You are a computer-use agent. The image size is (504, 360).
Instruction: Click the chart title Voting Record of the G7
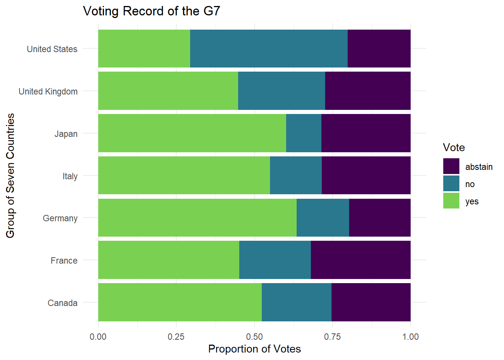[x=151, y=11]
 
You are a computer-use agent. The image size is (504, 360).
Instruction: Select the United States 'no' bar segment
[x=268, y=49]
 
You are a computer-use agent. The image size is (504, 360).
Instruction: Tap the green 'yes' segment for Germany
[x=197, y=218]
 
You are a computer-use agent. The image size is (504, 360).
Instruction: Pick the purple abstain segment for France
[x=360, y=260]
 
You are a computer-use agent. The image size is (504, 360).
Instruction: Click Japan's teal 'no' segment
[x=303, y=133]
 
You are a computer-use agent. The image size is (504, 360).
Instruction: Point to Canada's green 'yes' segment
[x=180, y=302]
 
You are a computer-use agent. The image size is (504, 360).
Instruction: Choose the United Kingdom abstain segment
[x=367, y=91]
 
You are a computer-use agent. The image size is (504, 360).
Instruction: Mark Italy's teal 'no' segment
[x=295, y=175]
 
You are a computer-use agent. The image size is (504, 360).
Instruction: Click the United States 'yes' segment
[x=144, y=49]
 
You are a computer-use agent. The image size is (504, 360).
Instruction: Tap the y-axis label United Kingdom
[x=48, y=91]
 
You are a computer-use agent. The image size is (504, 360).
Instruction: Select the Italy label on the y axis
[x=70, y=176]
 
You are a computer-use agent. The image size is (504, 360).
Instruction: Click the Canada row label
[x=63, y=303]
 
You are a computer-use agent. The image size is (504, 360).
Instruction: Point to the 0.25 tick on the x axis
[x=176, y=337]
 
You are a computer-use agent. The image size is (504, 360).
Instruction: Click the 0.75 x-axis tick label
[x=333, y=337]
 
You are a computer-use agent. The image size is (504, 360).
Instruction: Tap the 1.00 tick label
[x=411, y=337]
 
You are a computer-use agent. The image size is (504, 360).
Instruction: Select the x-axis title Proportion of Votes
[x=254, y=349]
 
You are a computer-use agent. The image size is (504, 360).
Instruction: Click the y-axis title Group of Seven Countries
[x=10, y=175]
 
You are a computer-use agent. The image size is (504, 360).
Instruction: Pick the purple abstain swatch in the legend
[x=451, y=166]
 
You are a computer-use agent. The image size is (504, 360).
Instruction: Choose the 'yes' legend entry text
[x=472, y=201]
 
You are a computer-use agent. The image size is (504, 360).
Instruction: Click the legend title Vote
[x=454, y=147]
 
